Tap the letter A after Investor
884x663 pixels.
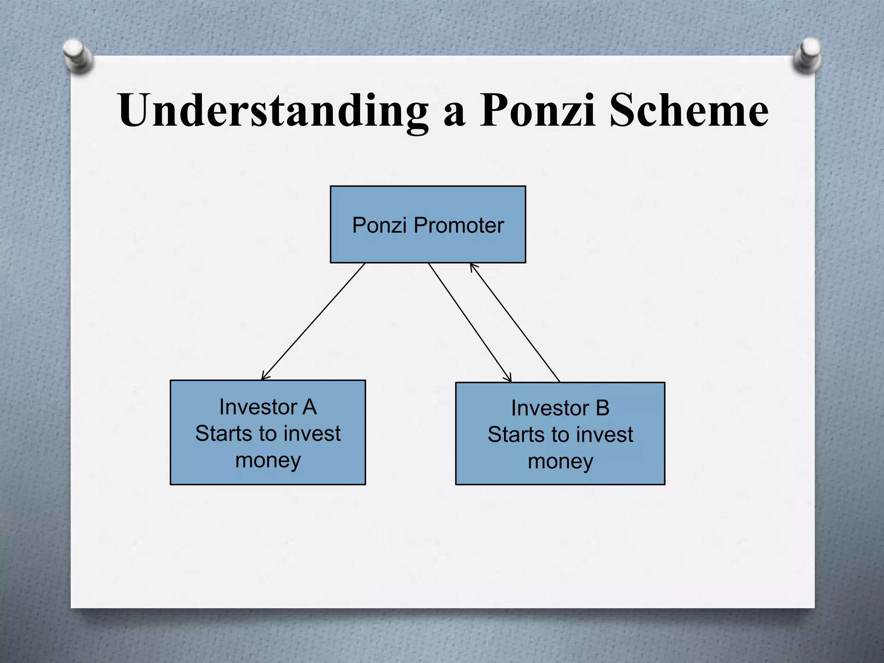pos(309,407)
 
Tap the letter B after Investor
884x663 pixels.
pos(602,408)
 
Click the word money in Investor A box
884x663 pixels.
pos(268,461)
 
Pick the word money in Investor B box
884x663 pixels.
pos(560,462)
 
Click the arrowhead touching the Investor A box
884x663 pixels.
pos(264,377)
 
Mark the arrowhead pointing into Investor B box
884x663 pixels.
pos(508,379)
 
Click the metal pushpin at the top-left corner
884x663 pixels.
pos(78,55)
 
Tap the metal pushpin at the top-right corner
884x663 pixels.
pos(807,55)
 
